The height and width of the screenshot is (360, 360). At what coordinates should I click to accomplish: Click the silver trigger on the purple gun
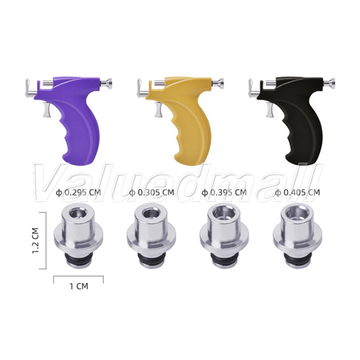click(46, 110)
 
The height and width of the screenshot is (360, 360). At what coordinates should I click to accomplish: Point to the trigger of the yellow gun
click(158, 110)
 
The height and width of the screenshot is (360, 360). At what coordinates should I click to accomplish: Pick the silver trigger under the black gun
click(270, 110)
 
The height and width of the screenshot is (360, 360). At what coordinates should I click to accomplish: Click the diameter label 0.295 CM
click(78, 192)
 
